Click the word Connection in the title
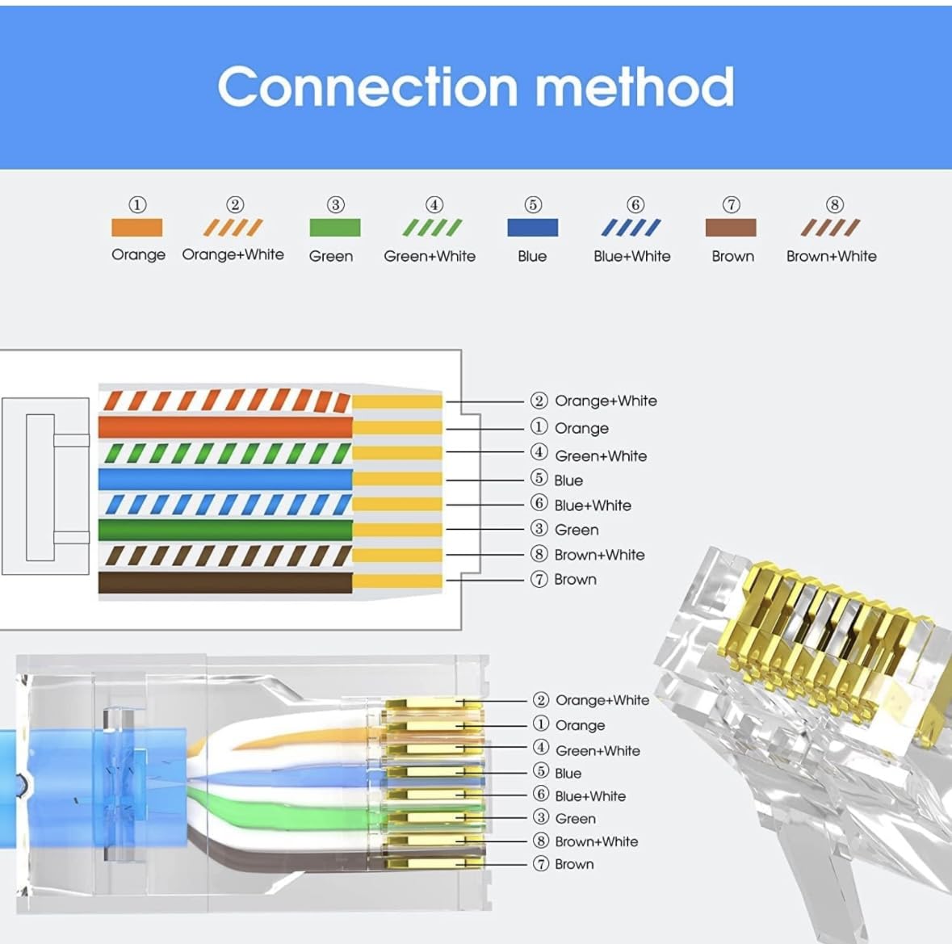tap(368, 87)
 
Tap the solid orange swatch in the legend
tap(137, 228)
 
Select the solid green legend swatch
tap(334, 228)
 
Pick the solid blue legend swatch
tap(532, 228)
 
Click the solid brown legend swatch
tap(731, 228)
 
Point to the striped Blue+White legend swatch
tap(631, 228)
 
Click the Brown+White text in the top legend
tap(831, 256)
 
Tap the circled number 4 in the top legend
tap(434, 204)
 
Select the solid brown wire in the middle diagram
tap(225, 582)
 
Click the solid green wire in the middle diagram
tap(225, 530)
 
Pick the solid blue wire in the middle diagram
tap(225, 480)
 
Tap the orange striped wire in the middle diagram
tap(225, 401)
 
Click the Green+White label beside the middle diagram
tap(601, 456)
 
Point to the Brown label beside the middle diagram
tap(575, 580)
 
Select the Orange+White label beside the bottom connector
tap(602, 701)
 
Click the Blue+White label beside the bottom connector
tap(590, 796)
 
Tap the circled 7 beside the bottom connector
tap(540, 863)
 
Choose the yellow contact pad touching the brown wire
tap(397, 581)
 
